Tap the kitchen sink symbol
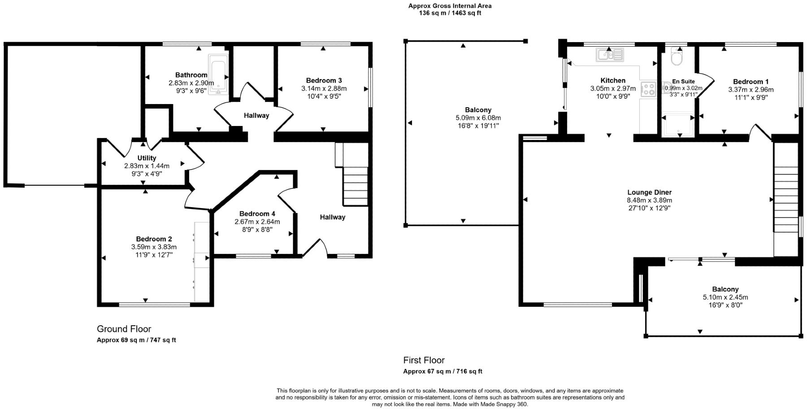(x=610, y=55)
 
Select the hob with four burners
(x=648, y=89)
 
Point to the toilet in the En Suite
(x=675, y=57)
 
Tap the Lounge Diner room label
(x=649, y=192)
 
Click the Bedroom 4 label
(x=257, y=214)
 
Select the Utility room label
(x=147, y=158)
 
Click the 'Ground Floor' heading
(x=124, y=329)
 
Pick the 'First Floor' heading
(x=424, y=360)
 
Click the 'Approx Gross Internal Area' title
(x=450, y=6)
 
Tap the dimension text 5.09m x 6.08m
(x=478, y=118)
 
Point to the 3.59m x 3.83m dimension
(x=154, y=247)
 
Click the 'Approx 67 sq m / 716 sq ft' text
(x=443, y=371)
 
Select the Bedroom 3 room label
(x=324, y=81)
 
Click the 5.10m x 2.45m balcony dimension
(x=725, y=297)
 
